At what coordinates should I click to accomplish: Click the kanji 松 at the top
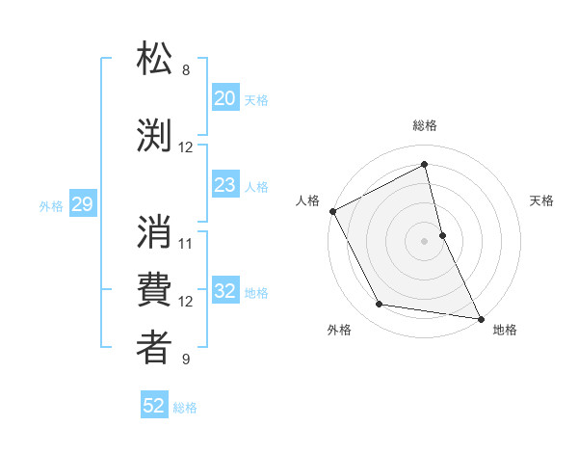pos(155,60)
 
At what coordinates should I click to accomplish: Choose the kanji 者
pos(155,348)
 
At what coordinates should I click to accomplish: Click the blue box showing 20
pos(224,98)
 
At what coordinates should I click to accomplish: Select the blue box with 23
pos(224,185)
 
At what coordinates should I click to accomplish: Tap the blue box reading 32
pos(224,292)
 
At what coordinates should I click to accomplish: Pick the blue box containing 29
pos(82,204)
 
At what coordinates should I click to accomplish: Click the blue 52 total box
pos(154,406)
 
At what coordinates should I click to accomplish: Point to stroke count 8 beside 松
pos(186,70)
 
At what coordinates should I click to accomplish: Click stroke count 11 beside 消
pos(186,243)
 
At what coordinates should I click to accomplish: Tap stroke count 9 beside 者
pos(186,360)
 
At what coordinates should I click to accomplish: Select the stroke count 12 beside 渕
pos(186,147)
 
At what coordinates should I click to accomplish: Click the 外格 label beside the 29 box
pos(51,205)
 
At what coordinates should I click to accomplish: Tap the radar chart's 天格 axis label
pos(542,200)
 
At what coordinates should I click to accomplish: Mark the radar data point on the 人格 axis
pos(332,211)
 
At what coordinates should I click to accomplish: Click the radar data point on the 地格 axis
pos(480,317)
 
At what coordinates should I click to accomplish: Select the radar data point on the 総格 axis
pos(424,165)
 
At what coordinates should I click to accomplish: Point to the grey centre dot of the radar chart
pos(424,241)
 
